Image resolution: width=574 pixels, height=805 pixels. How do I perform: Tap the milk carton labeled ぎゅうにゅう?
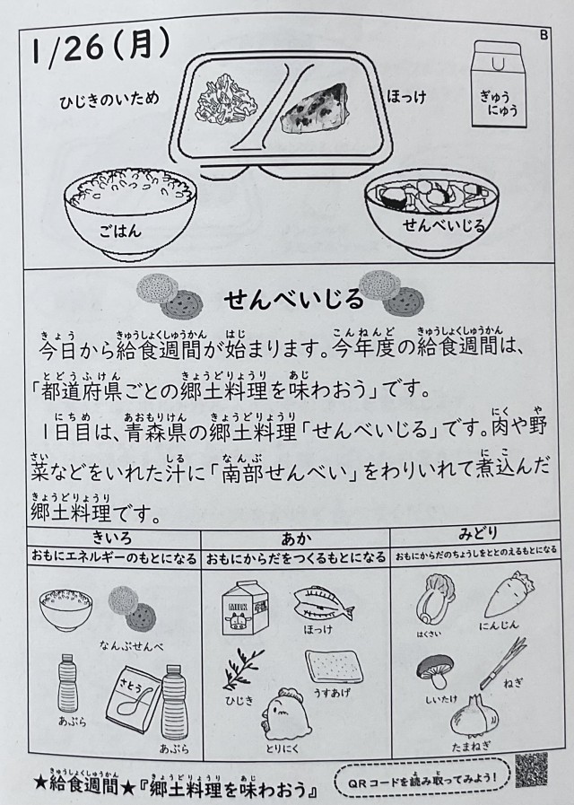pyautogui.click(x=499, y=83)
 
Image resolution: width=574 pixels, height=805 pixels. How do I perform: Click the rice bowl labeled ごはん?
pyautogui.click(x=130, y=213)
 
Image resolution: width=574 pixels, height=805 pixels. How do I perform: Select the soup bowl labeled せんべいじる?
pyautogui.click(x=431, y=215)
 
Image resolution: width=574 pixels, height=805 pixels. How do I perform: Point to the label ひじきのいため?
pyautogui.click(x=109, y=99)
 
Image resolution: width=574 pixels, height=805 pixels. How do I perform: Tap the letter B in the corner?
pyautogui.click(x=544, y=35)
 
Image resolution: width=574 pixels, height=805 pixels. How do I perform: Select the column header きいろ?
pyautogui.click(x=112, y=538)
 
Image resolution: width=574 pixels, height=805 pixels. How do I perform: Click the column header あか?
pyautogui.click(x=296, y=538)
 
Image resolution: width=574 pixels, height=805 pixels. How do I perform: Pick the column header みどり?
pyautogui.click(x=476, y=534)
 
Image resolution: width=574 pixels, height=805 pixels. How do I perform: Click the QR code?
pyautogui.click(x=531, y=770)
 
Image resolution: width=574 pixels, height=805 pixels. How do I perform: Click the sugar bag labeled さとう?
pyautogui.click(x=133, y=699)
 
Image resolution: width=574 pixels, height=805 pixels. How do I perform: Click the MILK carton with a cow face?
pyautogui.click(x=245, y=608)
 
